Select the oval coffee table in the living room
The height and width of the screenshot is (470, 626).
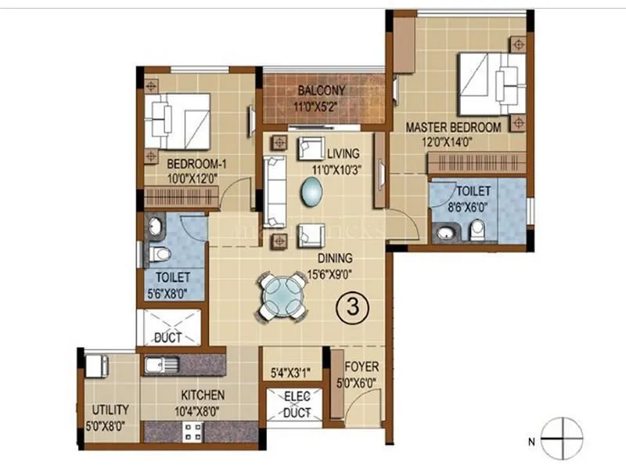(311, 190)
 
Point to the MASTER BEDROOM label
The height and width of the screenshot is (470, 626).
(452, 127)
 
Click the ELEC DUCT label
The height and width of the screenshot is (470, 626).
(297, 404)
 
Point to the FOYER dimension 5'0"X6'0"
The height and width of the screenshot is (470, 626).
(362, 382)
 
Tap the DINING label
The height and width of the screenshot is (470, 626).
(334, 258)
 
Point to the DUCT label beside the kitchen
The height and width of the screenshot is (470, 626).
(168, 338)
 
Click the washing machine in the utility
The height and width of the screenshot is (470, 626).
(97, 365)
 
